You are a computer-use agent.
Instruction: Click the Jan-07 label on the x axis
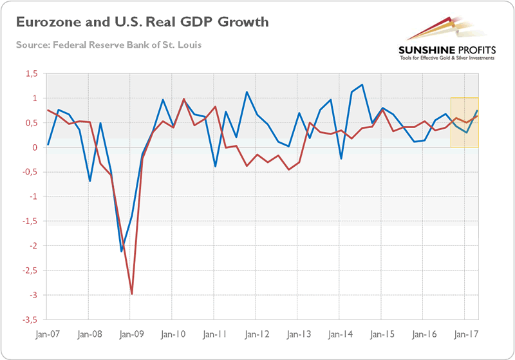(x=48, y=335)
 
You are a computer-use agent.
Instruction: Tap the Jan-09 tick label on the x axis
(x=131, y=335)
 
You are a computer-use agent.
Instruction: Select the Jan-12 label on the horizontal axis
(x=256, y=335)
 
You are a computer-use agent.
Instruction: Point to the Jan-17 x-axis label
(x=464, y=335)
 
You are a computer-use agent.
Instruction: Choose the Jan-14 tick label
(x=339, y=335)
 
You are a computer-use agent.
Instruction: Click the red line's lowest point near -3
(x=132, y=294)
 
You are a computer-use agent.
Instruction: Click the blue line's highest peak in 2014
(x=362, y=84)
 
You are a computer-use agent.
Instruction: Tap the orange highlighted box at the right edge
(x=464, y=122)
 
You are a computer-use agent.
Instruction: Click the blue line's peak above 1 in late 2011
(x=247, y=92)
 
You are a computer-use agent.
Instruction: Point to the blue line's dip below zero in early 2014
(x=341, y=158)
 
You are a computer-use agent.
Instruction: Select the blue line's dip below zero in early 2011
(x=216, y=166)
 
